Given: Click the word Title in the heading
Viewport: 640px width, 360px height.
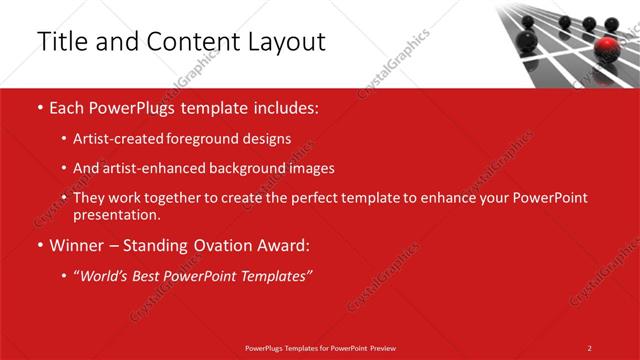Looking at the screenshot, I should [60, 42].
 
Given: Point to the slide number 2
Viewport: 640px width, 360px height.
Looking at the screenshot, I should [590, 348].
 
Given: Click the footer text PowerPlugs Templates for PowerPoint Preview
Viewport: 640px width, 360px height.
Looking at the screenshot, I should [320, 348].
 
